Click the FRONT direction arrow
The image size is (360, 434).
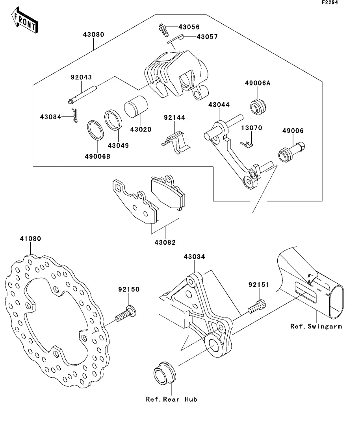tap(25, 20)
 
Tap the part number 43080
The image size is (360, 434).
tap(94, 35)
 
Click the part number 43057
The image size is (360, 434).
tap(207, 37)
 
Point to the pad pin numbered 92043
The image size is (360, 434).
tap(83, 95)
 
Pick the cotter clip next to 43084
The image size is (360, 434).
tap(74, 115)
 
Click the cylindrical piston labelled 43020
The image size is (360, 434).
tap(136, 106)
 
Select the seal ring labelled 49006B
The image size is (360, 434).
tap(95, 130)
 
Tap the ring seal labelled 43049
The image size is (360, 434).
tap(113, 120)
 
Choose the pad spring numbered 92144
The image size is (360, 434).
tap(176, 142)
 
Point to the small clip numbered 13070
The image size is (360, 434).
tap(247, 144)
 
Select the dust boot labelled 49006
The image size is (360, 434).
tap(291, 152)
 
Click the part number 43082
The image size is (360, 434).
tap(165, 242)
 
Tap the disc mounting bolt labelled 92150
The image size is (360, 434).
tap(126, 314)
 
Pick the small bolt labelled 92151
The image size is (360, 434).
tap(257, 307)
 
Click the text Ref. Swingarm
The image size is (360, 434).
tap(316, 327)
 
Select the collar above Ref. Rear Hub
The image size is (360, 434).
tap(165, 373)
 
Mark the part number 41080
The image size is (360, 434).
tap(30, 238)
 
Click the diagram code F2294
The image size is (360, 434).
tap(330, 2)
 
